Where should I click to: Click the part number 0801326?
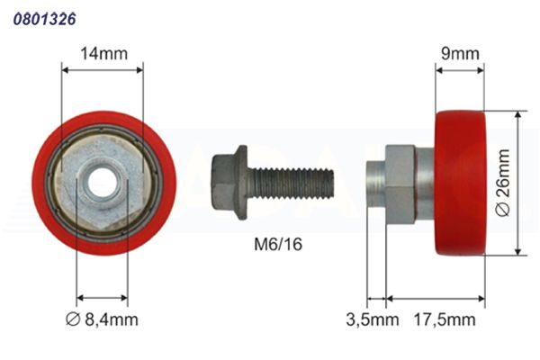(x=44, y=19)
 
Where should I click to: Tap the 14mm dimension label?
(x=103, y=54)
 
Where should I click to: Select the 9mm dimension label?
(x=460, y=54)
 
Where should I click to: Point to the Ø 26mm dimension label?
(x=503, y=183)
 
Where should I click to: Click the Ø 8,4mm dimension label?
(x=102, y=319)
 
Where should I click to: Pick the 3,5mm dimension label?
(x=373, y=319)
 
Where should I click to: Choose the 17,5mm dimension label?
(x=445, y=319)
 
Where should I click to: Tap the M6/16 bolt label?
(x=278, y=244)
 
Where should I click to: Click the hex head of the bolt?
(x=223, y=182)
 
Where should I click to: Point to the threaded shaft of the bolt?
(x=292, y=183)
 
